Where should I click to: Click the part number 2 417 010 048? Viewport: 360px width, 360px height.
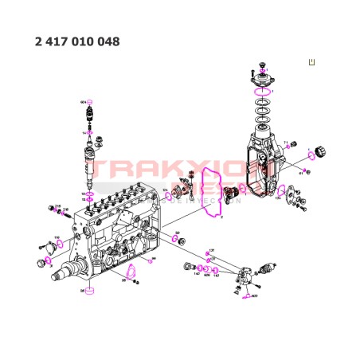point(77,41)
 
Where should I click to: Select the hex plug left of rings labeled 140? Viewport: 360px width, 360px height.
point(188,265)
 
